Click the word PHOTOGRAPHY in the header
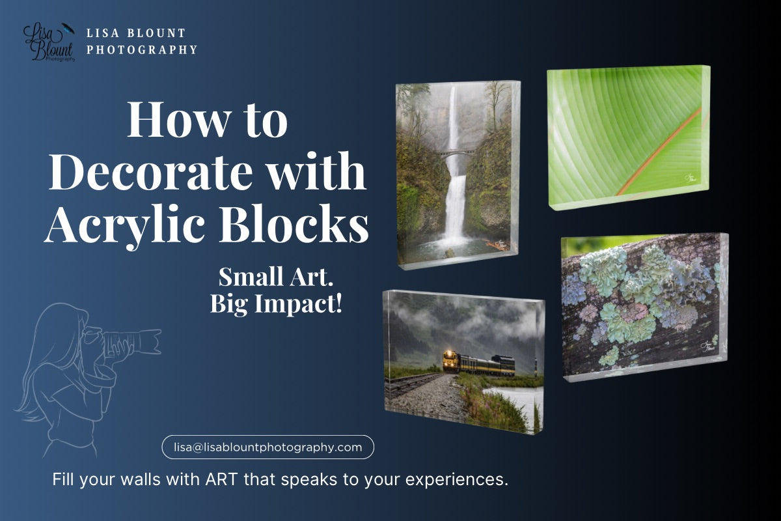pos(142,49)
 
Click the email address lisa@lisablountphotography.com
pos(267,447)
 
